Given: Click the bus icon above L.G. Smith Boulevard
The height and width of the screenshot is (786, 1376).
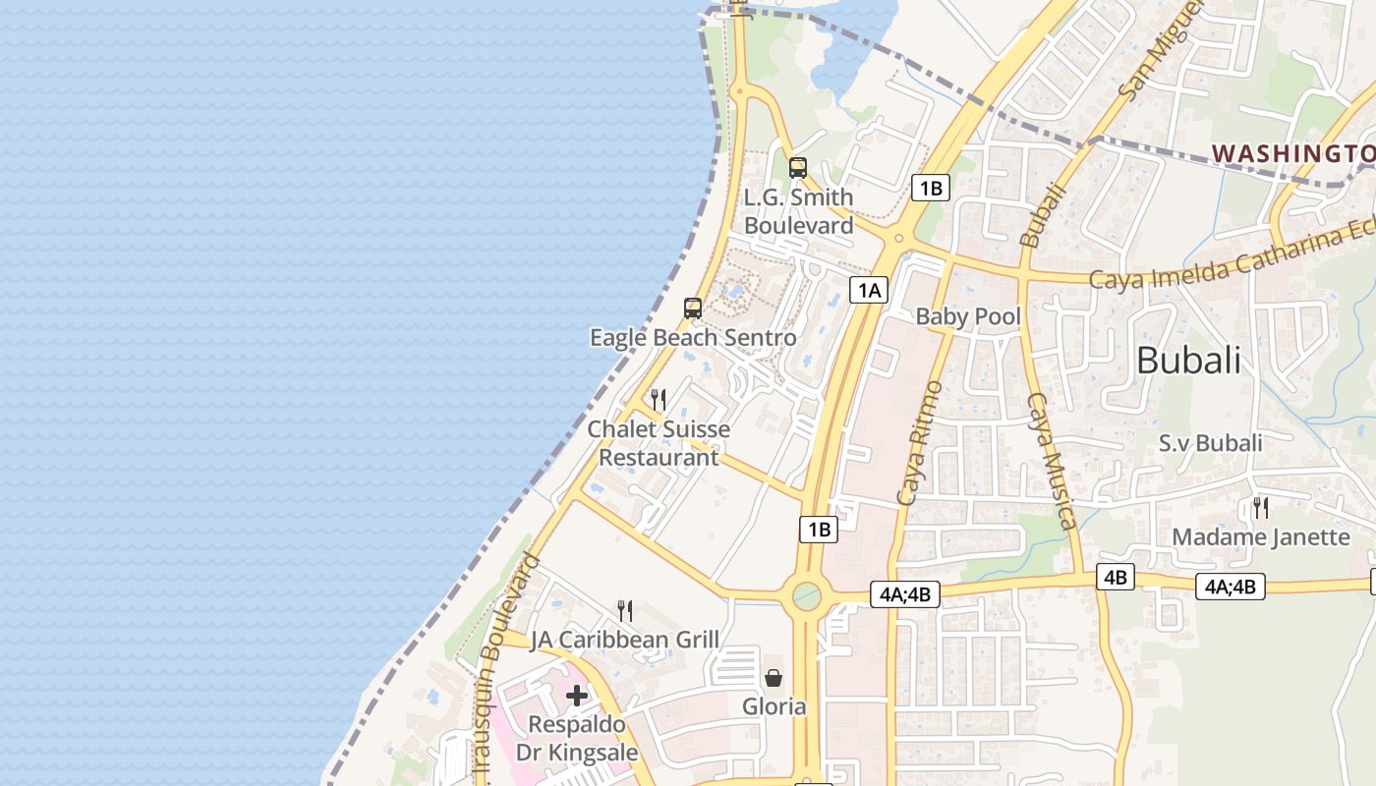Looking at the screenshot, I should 798,168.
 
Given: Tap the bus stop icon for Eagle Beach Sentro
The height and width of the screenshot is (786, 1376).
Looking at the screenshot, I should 693,309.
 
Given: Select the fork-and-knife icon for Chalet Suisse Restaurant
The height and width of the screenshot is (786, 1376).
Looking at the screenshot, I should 659,400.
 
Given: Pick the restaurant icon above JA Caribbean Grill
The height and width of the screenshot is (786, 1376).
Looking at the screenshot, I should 625,611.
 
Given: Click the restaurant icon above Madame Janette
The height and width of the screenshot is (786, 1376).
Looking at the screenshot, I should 1260,508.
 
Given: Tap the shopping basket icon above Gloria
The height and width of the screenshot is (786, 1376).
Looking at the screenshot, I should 774,678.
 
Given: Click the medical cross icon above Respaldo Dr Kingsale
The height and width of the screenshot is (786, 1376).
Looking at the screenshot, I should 577,697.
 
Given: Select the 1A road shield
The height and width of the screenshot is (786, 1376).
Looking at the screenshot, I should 870,290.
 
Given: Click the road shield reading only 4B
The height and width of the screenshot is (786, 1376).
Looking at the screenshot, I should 1116,578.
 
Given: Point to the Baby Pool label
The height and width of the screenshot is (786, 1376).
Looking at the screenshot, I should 968,316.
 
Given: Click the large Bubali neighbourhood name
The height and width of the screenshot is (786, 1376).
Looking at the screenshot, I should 1188,361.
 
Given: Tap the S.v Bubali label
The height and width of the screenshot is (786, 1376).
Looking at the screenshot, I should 1210,443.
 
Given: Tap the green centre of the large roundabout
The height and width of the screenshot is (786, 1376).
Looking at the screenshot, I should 807,595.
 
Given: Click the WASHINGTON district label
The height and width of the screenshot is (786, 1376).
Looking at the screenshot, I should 1292,153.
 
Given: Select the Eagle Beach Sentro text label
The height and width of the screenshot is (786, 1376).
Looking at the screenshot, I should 693,338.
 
